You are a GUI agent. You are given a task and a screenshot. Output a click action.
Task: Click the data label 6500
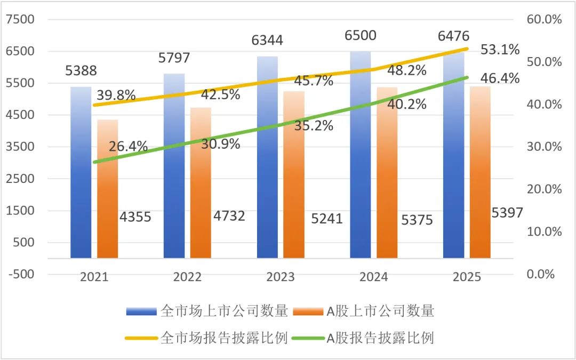360,36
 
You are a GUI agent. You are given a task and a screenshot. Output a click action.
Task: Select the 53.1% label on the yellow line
500,50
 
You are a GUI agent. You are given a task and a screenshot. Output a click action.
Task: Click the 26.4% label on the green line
128,146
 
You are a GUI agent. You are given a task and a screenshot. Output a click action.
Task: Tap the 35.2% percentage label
315,126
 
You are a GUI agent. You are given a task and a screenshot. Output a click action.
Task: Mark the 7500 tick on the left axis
19,19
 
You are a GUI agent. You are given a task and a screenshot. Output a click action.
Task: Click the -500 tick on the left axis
19,274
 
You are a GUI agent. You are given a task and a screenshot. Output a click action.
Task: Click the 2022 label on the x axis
187,277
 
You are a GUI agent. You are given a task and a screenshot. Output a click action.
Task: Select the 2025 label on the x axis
467,277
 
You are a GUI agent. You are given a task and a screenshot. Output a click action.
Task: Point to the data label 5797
174,58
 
